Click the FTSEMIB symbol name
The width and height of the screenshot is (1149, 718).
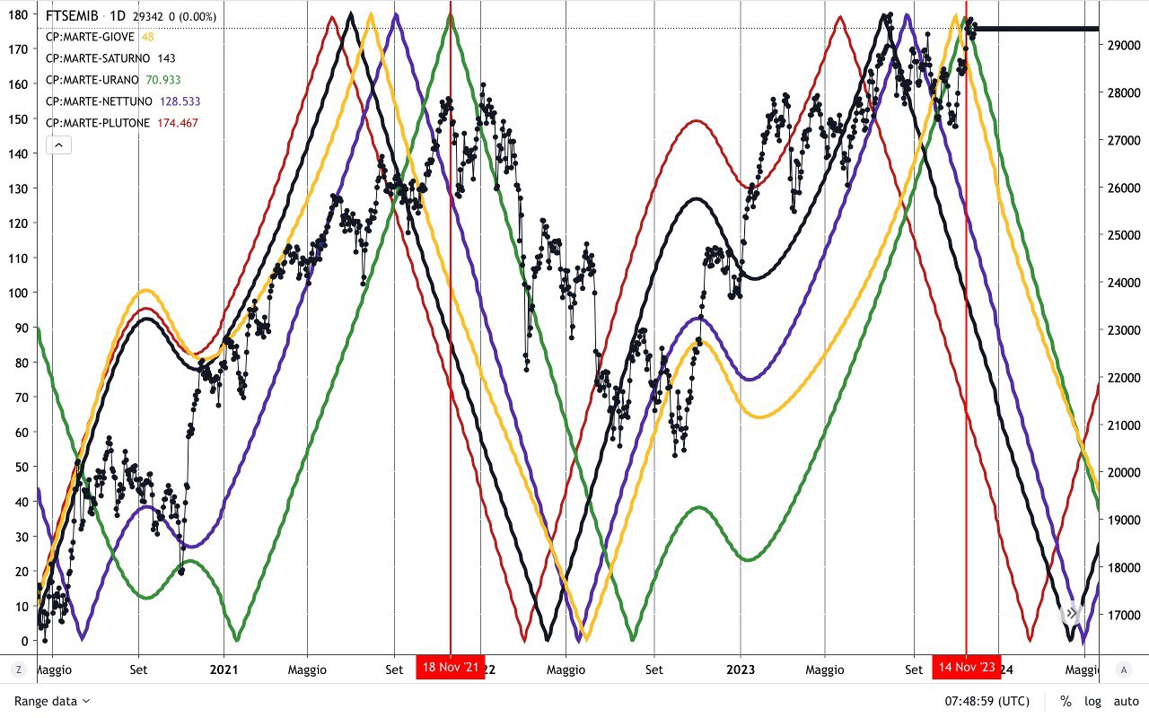point(72,16)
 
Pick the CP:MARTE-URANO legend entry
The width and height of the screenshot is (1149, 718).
point(92,80)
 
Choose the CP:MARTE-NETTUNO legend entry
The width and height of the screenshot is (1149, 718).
point(99,101)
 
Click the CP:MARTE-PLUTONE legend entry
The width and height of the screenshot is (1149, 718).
point(98,123)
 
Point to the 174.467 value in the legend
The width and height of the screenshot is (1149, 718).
point(178,123)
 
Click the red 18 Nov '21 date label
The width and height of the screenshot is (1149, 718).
point(450,667)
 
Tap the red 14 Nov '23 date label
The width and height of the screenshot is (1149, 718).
point(966,667)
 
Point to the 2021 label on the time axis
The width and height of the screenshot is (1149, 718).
point(224,670)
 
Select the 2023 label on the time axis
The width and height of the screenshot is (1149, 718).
point(741,670)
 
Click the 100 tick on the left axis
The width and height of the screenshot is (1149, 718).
point(19,293)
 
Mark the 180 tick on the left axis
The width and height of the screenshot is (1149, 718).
point(19,13)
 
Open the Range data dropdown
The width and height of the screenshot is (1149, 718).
point(52,701)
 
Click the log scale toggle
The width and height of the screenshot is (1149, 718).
point(1092,701)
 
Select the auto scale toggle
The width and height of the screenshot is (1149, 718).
point(1126,701)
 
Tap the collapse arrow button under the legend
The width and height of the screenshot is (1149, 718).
point(58,144)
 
